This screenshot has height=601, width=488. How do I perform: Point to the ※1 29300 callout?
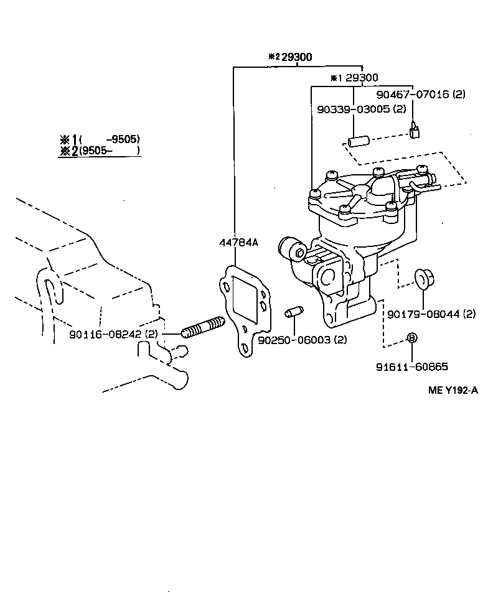pos(354,78)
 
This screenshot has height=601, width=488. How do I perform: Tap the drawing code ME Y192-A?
pos(453,391)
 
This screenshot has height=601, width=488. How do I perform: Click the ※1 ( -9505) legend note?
pos(100,139)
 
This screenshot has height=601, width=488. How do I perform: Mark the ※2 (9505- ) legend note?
pos(100,151)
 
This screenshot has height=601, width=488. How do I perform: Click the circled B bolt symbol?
pos(411,338)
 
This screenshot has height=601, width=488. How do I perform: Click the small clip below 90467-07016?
pos(414,131)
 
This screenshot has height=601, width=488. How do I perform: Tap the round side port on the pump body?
pos(293,251)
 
